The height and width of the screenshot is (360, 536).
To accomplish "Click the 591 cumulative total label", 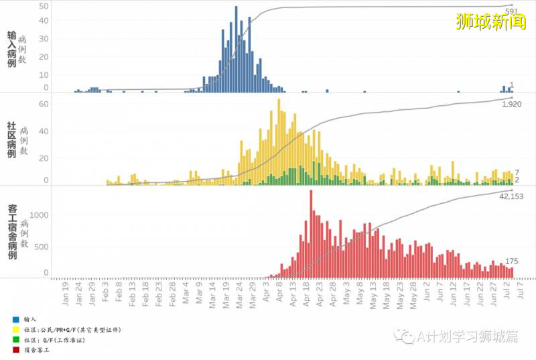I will pyautogui.click(x=511, y=11).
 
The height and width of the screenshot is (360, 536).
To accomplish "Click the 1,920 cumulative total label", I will pyautogui.click(x=511, y=104).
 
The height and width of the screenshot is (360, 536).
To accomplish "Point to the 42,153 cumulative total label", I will pyautogui.click(x=511, y=196).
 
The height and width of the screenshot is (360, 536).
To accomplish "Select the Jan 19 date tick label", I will pyautogui.click(x=66, y=294).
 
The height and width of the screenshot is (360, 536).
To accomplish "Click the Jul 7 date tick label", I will pyautogui.click(x=521, y=293).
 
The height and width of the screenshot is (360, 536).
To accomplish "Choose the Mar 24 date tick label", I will pyautogui.click(x=239, y=294).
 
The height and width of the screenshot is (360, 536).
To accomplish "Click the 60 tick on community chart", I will pyautogui.click(x=44, y=104).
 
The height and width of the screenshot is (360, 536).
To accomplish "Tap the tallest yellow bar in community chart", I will pyautogui.click(x=279, y=134).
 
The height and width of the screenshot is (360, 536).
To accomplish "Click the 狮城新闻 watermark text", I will pyautogui.click(x=490, y=21).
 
